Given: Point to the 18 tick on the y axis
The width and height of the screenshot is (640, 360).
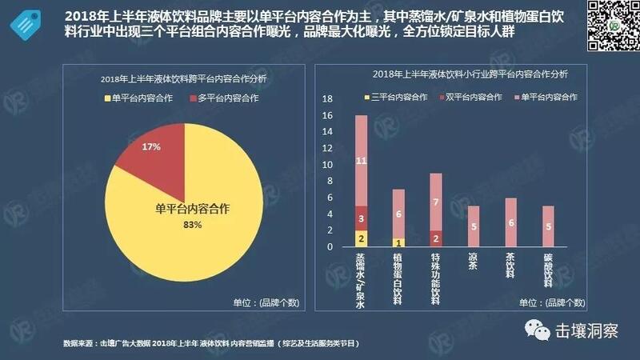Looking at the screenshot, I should (326, 99).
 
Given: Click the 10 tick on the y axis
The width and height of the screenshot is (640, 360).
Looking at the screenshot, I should (326, 165).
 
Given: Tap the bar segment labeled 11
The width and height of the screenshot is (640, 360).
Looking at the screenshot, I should (361, 160).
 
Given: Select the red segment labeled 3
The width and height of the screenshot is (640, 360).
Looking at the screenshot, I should (361, 218).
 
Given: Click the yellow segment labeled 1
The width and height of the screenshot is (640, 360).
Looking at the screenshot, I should (398, 242).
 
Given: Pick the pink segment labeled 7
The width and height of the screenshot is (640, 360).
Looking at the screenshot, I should (435, 202).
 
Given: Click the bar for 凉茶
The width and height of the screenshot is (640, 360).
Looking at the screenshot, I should (473, 226).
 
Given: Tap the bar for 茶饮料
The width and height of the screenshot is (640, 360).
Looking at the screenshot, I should (510, 222).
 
